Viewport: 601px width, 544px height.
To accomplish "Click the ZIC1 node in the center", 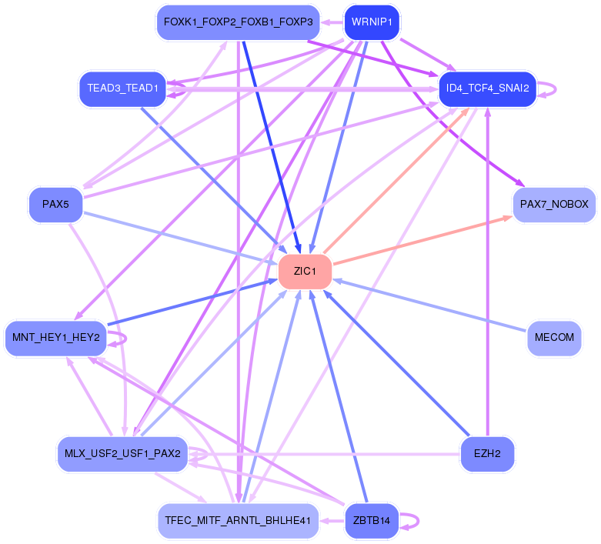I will [x=305, y=272].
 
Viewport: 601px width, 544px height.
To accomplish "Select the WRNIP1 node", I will [x=372, y=22].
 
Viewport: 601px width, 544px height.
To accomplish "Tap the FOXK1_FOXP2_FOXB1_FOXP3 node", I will [x=238, y=22].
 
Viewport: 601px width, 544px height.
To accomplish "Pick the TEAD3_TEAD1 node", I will [x=122, y=88].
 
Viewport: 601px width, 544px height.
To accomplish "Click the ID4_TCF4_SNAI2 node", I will [x=487, y=88].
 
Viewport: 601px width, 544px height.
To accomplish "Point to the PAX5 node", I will [x=55, y=204].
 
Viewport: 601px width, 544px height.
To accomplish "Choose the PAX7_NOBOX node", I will [x=554, y=204].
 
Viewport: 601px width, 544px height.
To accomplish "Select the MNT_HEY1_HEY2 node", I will [x=56, y=338].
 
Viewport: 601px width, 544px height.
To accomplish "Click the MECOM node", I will [x=554, y=338].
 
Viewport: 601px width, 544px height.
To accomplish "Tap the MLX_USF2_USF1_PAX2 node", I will [x=122, y=454].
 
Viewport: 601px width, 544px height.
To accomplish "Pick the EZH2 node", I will [x=487, y=454].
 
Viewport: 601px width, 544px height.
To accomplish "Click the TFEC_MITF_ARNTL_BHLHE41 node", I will [x=238, y=521].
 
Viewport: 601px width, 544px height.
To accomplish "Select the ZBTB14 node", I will [x=372, y=521].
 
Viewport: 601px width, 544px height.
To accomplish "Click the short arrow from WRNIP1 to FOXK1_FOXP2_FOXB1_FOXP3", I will [x=332, y=22].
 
